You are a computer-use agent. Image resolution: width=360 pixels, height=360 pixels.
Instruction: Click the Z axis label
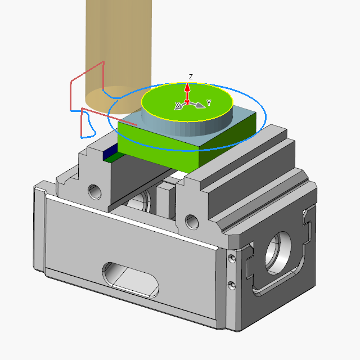(191, 76)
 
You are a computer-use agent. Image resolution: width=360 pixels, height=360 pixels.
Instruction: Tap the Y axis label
(209, 102)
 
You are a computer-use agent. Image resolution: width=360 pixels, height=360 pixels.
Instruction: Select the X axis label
(177, 105)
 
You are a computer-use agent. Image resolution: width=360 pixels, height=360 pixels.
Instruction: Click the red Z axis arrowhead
(188, 88)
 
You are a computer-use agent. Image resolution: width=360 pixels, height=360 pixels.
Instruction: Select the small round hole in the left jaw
(94, 191)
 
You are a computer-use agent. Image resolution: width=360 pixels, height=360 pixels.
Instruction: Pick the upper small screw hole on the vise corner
(231, 258)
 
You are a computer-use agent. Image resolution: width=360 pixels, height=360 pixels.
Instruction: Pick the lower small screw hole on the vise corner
(231, 285)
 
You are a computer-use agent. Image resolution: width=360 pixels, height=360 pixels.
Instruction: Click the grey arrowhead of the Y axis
(201, 105)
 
